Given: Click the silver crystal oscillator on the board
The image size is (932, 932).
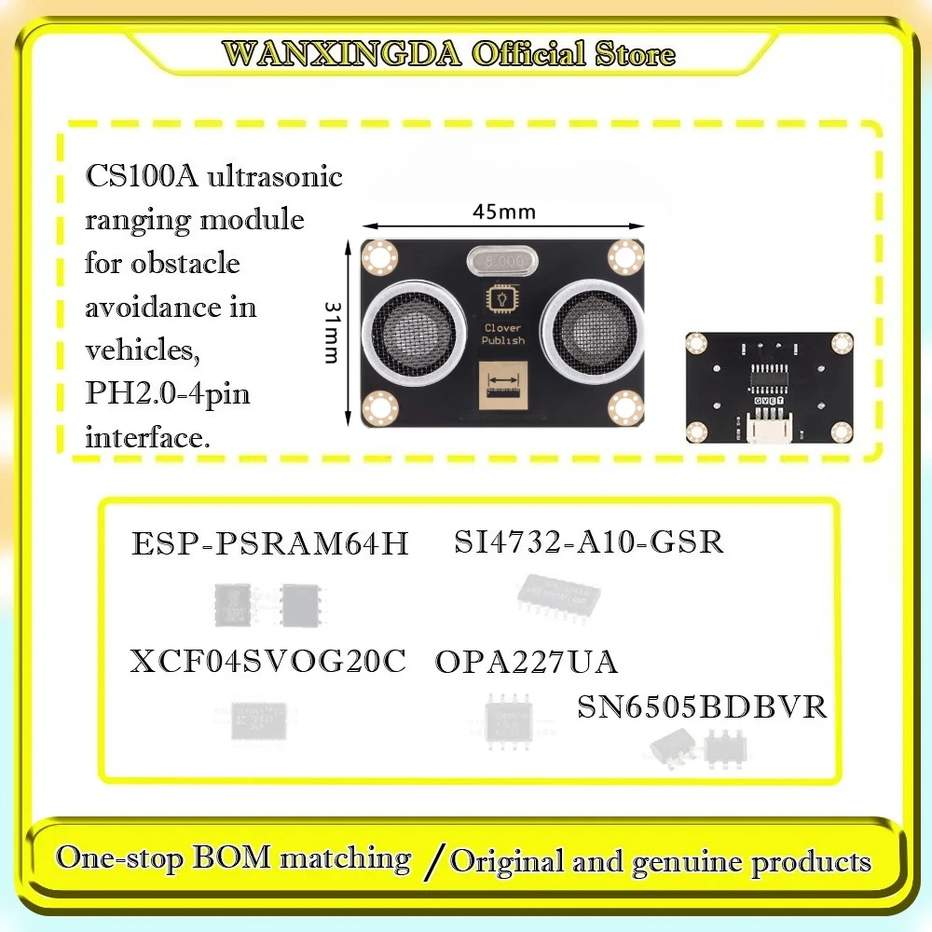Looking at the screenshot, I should [x=503, y=260].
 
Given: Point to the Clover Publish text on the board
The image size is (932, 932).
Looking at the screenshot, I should [x=503, y=335].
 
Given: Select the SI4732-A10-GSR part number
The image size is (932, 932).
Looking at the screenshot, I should [x=589, y=541].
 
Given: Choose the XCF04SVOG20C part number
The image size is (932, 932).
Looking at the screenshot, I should [x=268, y=662].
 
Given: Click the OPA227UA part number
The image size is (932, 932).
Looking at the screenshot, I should [x=526, y=662].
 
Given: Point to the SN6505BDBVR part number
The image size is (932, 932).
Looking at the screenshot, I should [x=702, y=706].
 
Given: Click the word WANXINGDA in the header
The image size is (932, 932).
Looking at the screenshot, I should [x=342, y=54].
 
